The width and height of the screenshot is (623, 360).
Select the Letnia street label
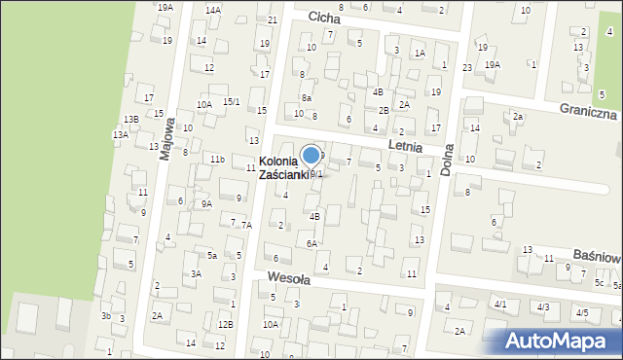click(404, 146)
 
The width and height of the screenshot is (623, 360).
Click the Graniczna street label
click(588, 113)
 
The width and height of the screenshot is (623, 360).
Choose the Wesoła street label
click(288, 278)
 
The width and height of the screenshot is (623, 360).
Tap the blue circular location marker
click(311, 155)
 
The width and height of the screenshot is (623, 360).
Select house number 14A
click(212, 10)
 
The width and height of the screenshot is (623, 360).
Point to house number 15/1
click(231, 101)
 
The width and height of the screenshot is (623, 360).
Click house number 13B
click(130, 119)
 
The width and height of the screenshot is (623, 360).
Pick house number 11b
click(217, 159)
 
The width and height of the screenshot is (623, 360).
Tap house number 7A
click(246, 225)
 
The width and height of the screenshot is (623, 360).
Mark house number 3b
click(105, 315)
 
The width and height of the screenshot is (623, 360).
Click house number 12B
click(225, 324)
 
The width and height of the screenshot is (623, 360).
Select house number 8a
click(306, 97)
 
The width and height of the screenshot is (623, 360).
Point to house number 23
click(467, 67)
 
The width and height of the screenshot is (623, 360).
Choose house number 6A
click(311, 243)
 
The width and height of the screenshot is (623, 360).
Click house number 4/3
click(543, 306)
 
